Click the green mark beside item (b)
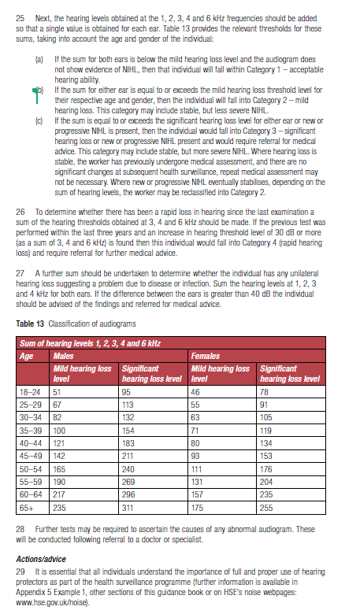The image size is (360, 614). click(32, 90)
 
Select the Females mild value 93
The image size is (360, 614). click(196, 455)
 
